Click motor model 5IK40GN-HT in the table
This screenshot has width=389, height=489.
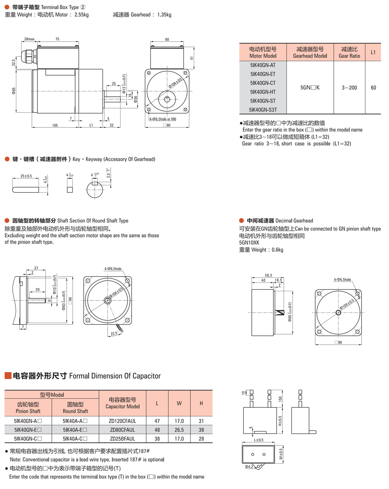coord(263,92)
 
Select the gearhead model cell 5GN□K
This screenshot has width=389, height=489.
coord(310,88)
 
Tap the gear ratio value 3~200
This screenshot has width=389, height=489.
coord(349,88)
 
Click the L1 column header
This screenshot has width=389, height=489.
coord(373,52)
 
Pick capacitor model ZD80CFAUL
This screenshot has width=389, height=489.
coord(122,430)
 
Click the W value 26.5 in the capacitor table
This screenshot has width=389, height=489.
coord(179,430)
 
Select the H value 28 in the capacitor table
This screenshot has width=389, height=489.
coord(201,439)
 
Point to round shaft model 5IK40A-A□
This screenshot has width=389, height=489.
coord(75,421)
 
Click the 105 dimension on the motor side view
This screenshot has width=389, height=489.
coord(55,125)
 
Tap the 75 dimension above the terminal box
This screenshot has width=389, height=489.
coord(57,39)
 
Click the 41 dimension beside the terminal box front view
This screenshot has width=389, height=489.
coord(191,58)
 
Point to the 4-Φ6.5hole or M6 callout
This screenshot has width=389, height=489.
coord(163,119)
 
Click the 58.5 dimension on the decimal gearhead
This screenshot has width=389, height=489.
coord(268,275)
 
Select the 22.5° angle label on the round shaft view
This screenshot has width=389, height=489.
coord(114,334)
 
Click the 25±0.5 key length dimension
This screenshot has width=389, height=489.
coord(26,176)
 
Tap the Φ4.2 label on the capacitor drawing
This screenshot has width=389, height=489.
coord(249,467)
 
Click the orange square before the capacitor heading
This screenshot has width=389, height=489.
coord(8,376)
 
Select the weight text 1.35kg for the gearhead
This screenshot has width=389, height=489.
coord(164,15)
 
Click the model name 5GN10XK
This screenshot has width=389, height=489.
coord(249,243)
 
